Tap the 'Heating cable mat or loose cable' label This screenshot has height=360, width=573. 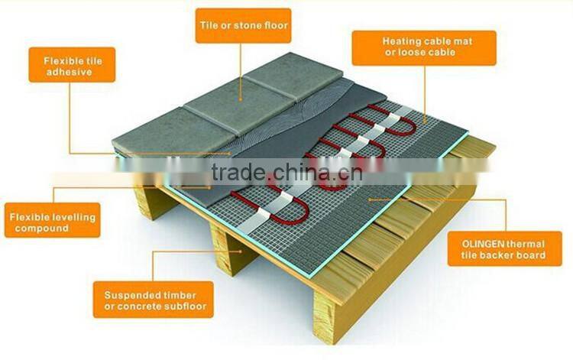(x=423, y=47)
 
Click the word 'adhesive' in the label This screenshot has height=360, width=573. (x=68, y=71)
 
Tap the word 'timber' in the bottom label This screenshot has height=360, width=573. (x=180, y=294)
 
